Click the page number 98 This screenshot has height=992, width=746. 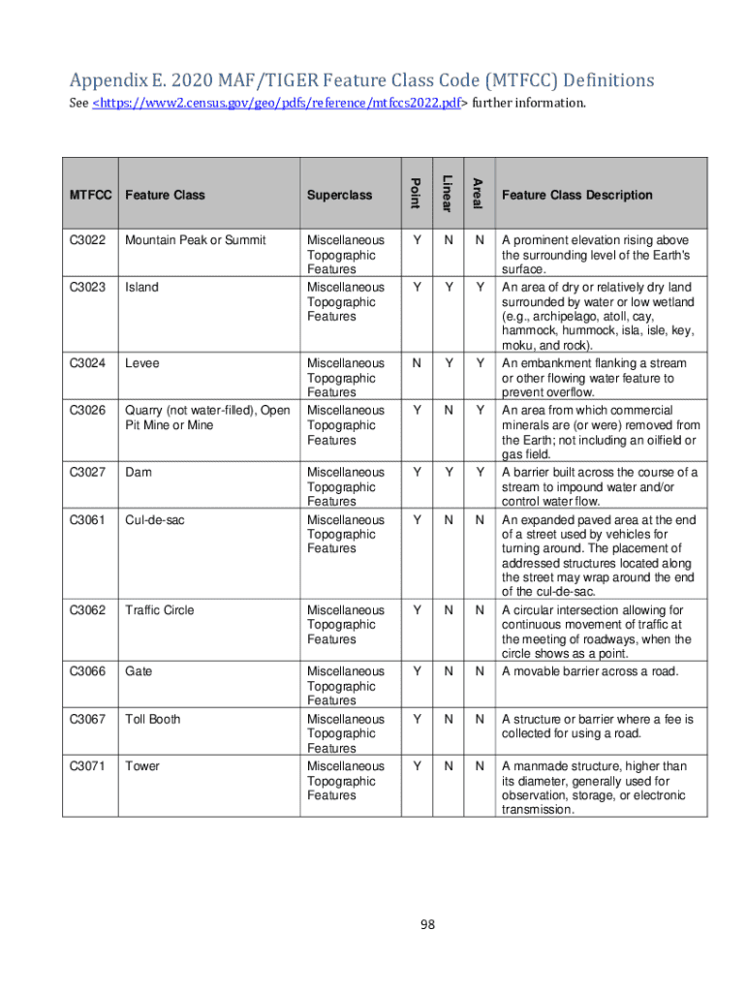coord(427,924)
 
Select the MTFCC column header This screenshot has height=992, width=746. coord(91,195)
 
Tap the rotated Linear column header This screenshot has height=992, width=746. coord(446,194)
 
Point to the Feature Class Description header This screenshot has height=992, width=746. coord(576,195)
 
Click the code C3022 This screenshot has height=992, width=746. coord(87,239)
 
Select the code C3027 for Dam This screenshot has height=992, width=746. coord(87,472)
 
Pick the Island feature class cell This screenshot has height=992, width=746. coord(141,288)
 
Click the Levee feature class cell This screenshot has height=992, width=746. coord(142,363)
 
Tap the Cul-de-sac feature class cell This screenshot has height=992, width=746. coord(155,520)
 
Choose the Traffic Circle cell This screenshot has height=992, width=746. coord(159,610)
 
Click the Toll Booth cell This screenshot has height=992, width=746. coord(152,719)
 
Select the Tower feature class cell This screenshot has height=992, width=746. coord(141,766)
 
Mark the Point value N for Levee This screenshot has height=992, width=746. coord(416,363)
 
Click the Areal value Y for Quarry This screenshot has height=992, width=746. coord(478,411)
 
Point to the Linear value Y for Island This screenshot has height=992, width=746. coord(447,288)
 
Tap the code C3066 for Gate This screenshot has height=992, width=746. coord(87,671)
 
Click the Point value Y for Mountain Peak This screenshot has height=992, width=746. coord(416,239)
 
